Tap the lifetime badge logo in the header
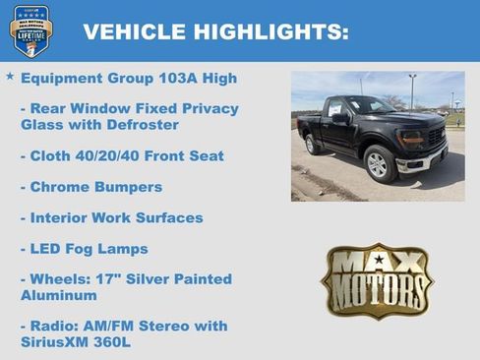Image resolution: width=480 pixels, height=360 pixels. pos(30,30)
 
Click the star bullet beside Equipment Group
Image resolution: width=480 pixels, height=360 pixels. pos(10,76)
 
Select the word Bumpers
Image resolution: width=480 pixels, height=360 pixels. pos(128,187)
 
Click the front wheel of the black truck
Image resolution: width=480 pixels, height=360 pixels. pos(379,163)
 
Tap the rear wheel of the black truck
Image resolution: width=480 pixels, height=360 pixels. pos(312,145)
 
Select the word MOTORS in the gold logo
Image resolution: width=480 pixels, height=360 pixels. pos(377,293)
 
